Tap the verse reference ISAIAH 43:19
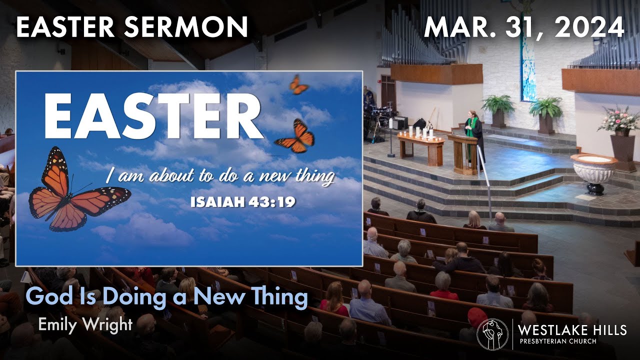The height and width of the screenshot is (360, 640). pos(243,202)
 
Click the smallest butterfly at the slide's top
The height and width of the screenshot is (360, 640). pos(298,85)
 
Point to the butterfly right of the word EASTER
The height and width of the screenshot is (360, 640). pos(295,135)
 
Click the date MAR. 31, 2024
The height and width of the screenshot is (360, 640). pos(524,27)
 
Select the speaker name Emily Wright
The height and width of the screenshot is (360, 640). pos(85,324)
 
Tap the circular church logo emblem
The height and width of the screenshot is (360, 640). pos(492,334)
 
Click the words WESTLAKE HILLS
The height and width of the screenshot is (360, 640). pos(572,330)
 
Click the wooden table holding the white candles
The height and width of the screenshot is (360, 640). pos(420,147)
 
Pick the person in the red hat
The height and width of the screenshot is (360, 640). pos(476,318)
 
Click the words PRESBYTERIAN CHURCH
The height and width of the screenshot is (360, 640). pos(557,341)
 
